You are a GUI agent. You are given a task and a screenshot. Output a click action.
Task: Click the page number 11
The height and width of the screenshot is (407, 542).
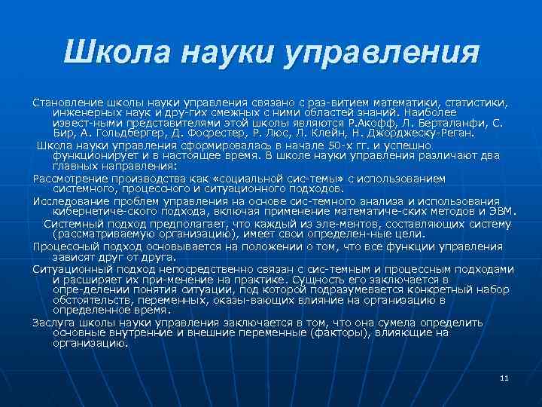click(x=504, y=378)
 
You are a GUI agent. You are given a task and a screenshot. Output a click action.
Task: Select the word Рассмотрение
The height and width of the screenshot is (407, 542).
click(x=70, y=179)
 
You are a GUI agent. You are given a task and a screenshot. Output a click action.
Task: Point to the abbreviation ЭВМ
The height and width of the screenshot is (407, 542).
click(x=500, y=212)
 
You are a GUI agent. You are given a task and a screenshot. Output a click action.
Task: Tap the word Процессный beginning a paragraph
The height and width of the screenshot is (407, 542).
click(x=65, y=246)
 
